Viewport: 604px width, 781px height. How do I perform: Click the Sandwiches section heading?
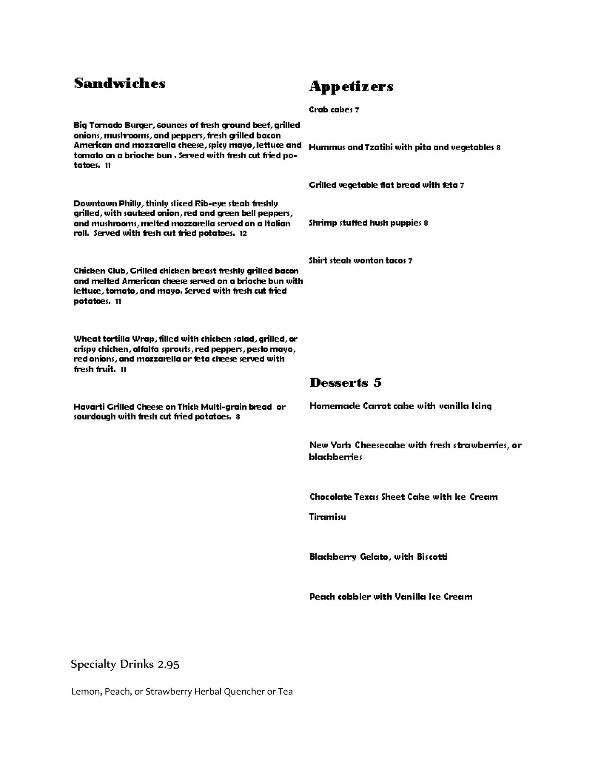click(120, 84)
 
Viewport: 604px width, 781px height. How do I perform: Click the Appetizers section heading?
click(351, 87)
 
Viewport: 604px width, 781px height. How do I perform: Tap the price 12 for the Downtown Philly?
click(243, 233)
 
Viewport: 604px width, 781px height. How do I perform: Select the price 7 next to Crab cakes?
click(357, 110)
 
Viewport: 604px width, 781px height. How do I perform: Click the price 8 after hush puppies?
click(426, 223)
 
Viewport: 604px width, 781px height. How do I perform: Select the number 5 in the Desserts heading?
click(377, 382)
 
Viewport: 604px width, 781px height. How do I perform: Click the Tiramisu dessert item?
click(328, 517)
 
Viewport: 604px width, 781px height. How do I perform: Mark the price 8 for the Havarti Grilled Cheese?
click(238, 417)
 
